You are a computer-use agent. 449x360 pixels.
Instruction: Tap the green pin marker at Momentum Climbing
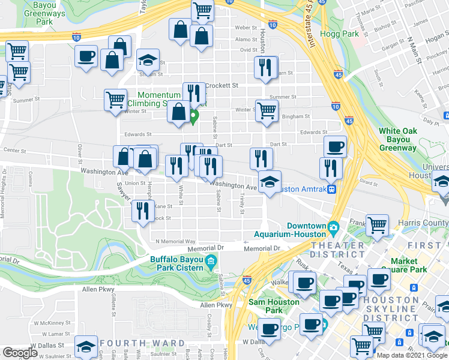click(194, 116)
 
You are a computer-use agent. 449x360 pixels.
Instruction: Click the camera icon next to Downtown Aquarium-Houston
click(333, 227)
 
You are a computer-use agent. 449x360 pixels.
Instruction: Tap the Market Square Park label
click(412, 265)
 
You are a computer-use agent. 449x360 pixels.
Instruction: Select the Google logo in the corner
click(20, 353)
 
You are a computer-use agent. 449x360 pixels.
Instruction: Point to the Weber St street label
click(246, 28)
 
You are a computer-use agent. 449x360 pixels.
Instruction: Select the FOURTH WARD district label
click(142, 343)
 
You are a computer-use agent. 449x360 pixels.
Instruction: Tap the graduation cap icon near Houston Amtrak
click(270, 182)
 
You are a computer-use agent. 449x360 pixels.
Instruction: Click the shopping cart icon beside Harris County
click(376, 225)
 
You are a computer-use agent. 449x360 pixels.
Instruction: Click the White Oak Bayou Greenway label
click(397, 139)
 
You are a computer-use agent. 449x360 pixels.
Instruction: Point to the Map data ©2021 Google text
click(412, 355)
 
